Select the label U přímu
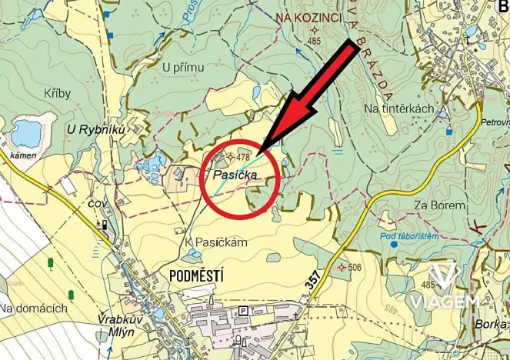click(x=184, y=67)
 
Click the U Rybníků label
click(x=96, y=129)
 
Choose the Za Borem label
click(x=439, y=205)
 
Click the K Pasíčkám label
click(x=216, y=242)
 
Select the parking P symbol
click(x=244, y=310)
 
